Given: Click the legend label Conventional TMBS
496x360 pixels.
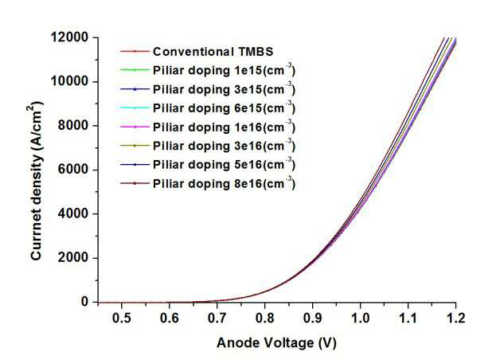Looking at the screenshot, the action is pyautogui.click(x=213, y=52).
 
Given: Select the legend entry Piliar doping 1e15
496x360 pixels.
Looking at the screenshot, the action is pyautogui.click(x=224, y=70).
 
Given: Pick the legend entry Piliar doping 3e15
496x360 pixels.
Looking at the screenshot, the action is pyautogui.click(x=224, y=89).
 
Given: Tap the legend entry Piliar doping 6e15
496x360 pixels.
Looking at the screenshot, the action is pyautogui.click(x=224, y=108).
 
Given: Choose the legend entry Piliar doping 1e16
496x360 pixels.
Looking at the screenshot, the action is pyautogui.click(x=224, y=127).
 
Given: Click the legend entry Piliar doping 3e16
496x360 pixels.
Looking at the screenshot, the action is pyautogui.click(x=224, y=146).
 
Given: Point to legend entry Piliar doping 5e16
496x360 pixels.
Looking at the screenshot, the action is pyautogui.click(x=224, y=164).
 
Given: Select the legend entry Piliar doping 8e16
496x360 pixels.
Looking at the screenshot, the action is pyautogui.click(x=224, y=183).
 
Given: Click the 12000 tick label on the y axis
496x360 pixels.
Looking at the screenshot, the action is pyautogui.click(x=69, y=37).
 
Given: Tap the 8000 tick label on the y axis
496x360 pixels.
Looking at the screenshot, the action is pyautogui.click(x=73, y=125).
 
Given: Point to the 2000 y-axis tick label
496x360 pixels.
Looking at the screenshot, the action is pyautogui.click(x=73, y=257).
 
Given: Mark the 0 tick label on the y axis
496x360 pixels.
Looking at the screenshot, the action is pyautogui.click(x=84, y=302).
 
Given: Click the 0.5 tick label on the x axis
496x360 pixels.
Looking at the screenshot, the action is pyautogui.click(x=122, y=318).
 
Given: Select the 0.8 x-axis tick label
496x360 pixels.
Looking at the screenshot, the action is pyautogui.click(x=265, y=318).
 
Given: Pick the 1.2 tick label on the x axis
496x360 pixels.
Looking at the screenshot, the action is pyautogui.click(x=456, y=318).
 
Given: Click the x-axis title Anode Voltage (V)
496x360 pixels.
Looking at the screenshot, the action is pyautogui.click(x=277, y=343).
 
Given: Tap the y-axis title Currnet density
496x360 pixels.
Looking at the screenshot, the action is pyautogui.click(x=36, y=181).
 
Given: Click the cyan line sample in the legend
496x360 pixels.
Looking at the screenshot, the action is pyautogui.click(x=135, y=108).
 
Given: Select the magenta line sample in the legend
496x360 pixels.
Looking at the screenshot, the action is pyautogui.click(x=135, y=127).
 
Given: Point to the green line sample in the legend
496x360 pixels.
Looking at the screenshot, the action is pyautogui.click(x=135, y=70).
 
